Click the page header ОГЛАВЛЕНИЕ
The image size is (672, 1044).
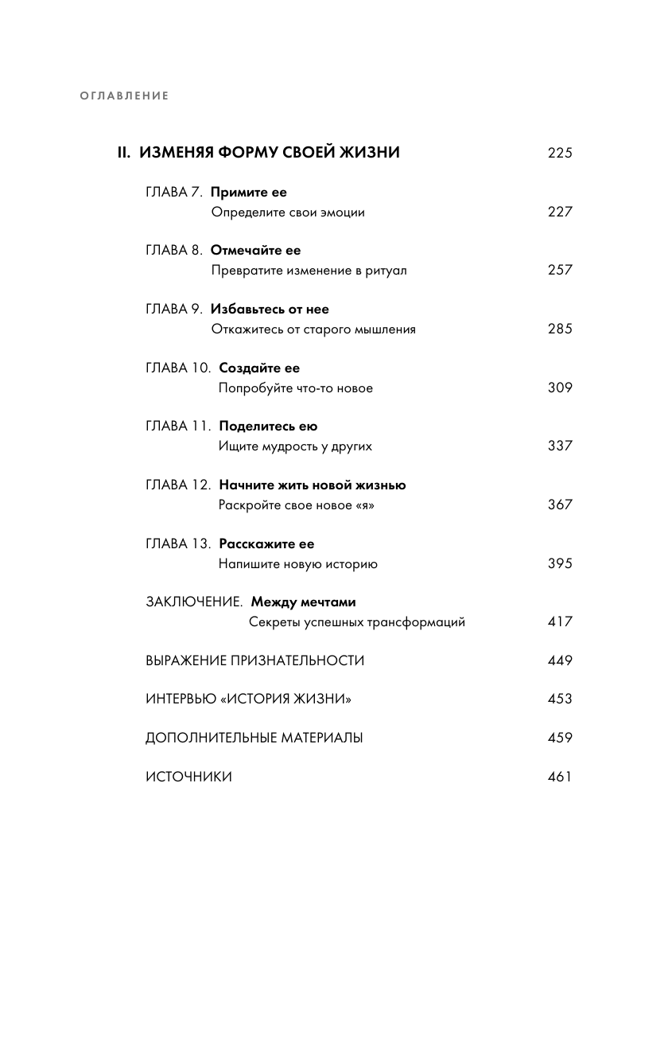pos(125,96)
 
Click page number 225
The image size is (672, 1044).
pos(560,154)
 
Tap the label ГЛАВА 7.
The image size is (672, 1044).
pos(175,193)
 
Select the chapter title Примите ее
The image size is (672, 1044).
pos(249,193)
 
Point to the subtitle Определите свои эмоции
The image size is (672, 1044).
pos(288,212)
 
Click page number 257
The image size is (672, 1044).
pos(560,271)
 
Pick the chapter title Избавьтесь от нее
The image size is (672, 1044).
pos(270,309)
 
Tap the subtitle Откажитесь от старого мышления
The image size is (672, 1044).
pos(313,329)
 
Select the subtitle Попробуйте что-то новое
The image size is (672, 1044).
pos(296,388)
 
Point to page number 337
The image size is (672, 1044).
pos(560,446)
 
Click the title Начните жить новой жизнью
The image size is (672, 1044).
pos(313,485)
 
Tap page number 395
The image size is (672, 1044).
pos(560,564)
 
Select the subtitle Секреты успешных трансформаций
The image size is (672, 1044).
pos(357,622)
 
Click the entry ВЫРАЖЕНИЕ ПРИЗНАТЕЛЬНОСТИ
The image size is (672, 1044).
pos(254,660)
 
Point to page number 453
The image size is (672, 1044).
pos(560,699)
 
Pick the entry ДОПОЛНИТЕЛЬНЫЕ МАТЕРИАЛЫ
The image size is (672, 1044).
pos(254,738)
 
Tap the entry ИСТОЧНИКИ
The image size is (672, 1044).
pos(188,777)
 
